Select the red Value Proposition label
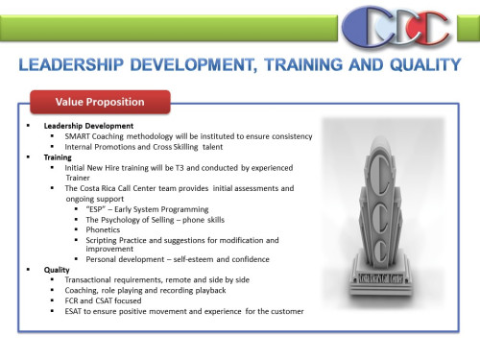[x=101, y=102]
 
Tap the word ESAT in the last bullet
[x=75, y=312]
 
